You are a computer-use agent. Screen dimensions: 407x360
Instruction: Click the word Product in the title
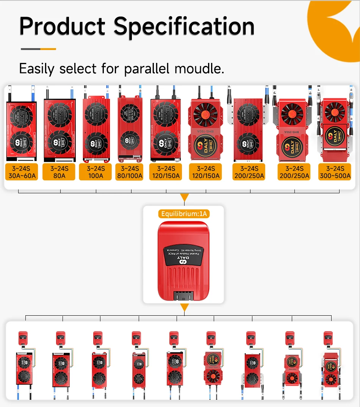[x=62, y=27]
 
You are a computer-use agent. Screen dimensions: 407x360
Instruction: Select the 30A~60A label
[x=22, y=175]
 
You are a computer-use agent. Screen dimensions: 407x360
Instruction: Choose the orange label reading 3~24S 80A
[x=59, y=172]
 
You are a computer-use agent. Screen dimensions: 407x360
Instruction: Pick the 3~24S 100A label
[x=95, y=172]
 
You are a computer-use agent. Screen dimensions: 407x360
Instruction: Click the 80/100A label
[x=130, y=175]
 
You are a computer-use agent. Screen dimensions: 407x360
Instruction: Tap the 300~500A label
[x=335, y=175]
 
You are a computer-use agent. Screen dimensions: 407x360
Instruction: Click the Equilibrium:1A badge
[x=184, y=214]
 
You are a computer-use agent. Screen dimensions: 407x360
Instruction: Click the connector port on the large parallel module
[x=183, y=296]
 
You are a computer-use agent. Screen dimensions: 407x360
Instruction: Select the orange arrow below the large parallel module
[x=184, y=307]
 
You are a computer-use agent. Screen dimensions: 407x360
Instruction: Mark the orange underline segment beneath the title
[x=48, y=49]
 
